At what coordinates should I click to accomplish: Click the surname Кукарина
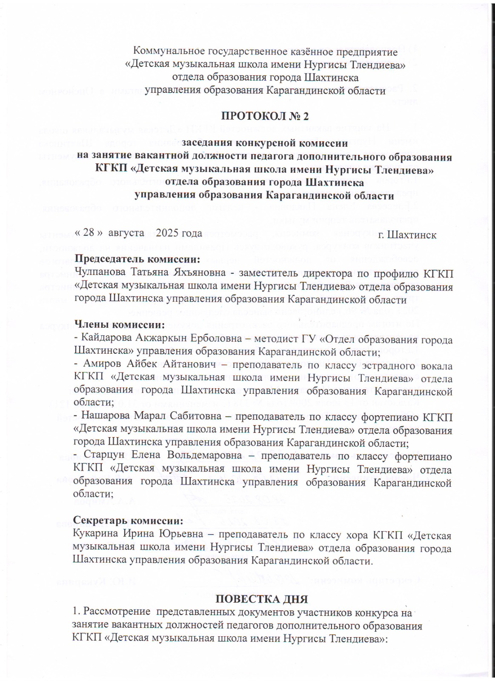[x=97, y=534]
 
